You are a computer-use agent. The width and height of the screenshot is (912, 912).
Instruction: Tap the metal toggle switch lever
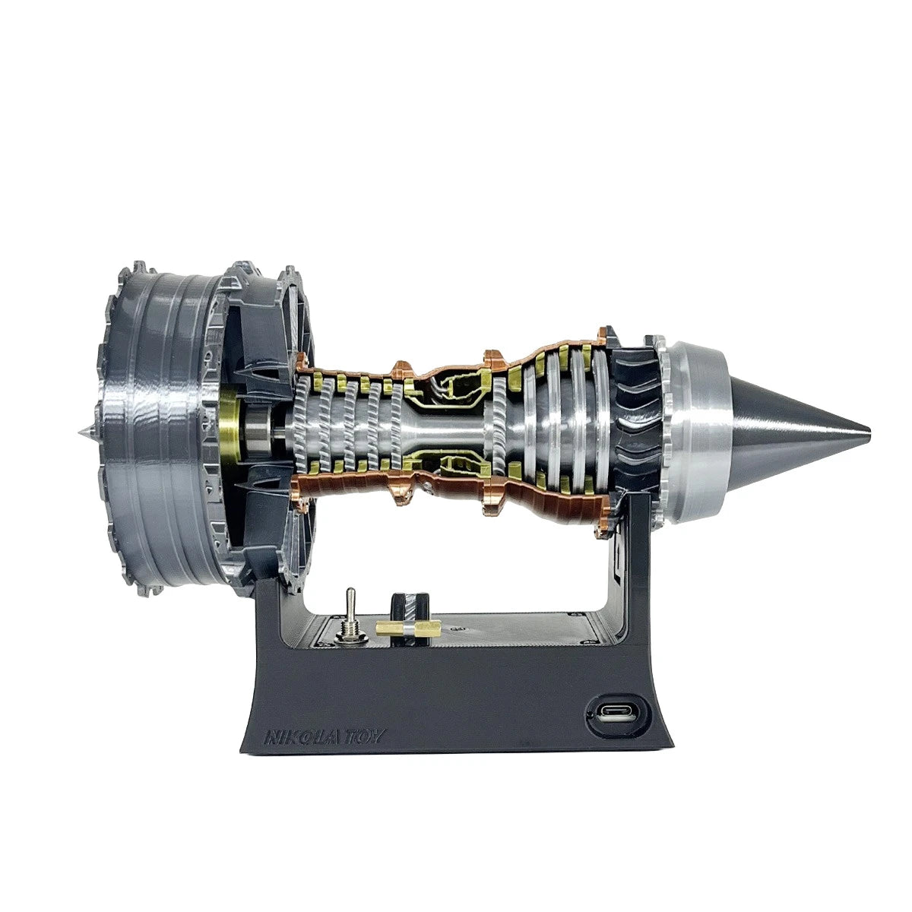pos(352,603)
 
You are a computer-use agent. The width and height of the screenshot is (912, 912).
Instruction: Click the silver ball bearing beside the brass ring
pos(258,430)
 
